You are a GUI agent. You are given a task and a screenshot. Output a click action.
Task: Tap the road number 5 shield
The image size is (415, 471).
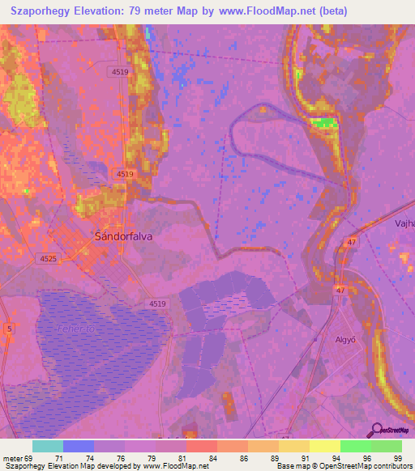click(9, 328)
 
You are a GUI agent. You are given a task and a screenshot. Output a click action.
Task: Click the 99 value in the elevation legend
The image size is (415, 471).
click(397, 457)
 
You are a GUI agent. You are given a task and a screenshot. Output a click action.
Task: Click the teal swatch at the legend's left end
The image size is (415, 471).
click(47, 446)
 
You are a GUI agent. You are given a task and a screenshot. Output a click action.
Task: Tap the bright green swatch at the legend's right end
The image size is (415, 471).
click(386, 446)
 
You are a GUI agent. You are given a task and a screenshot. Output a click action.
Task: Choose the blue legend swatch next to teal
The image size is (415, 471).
click(78, 446)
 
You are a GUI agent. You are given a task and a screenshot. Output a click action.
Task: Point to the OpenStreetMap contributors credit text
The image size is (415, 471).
click(364, 466)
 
